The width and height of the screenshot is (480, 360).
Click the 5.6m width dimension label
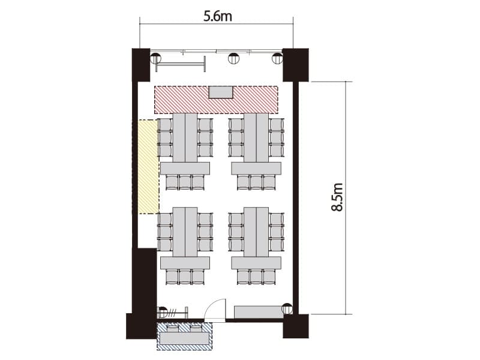coord(218,16)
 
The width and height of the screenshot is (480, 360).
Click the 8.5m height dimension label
coord(337,197)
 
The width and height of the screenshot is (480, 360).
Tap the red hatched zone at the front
coord(216,100)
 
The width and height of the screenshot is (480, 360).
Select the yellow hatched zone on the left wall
coord(148,167)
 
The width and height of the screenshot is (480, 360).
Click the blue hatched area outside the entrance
coord(185,336)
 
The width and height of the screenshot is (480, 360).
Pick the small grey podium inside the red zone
coord(220,92)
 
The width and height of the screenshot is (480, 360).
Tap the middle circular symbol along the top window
coord(234,58)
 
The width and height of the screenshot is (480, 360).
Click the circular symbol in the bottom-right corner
coord(287,308)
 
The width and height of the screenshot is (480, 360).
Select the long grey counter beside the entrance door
coord(259,311)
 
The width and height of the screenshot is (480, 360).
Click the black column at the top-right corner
coord(295,65)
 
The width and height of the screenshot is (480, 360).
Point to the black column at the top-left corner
coord(141,65)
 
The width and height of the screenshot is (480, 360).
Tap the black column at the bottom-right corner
coord(295,326)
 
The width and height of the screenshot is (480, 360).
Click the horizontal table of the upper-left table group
coord(185,169)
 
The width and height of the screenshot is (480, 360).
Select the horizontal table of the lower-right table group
coord(256,263)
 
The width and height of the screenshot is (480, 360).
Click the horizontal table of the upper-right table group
coord(256,169)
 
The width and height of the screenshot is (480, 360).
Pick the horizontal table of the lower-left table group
coord(185,263)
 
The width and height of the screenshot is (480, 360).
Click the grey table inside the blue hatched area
coord(185,338)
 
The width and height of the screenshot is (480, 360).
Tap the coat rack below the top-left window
coord(181,64)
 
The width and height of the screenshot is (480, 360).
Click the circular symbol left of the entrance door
coord(162,311)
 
